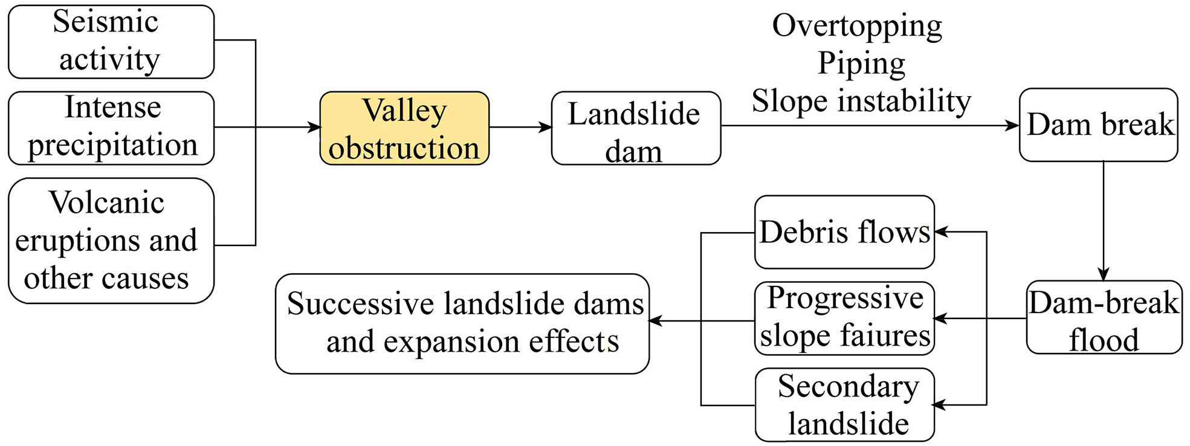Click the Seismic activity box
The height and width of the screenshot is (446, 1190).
111,42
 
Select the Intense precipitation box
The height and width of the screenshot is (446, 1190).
111,128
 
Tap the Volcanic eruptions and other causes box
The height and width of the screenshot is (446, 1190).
111,241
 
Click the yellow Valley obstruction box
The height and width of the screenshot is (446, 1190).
404,128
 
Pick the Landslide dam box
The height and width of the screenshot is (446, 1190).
636,128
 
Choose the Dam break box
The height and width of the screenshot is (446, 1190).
1098,125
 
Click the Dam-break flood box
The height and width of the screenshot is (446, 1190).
1104,317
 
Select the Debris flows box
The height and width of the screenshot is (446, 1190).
844,232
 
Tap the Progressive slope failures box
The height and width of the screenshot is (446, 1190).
844,318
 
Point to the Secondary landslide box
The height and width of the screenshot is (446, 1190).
844,405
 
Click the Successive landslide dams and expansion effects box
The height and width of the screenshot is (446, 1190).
462,324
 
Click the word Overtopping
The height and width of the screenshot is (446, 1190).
857,26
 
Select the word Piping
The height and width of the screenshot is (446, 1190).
861,63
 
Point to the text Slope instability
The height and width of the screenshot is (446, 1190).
861,101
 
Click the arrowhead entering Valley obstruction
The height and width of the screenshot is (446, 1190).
314,128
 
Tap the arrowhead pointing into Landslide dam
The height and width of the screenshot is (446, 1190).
546,128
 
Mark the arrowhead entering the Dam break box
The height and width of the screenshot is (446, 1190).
1013,126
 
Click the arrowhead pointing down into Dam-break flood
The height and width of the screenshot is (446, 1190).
1104,274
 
